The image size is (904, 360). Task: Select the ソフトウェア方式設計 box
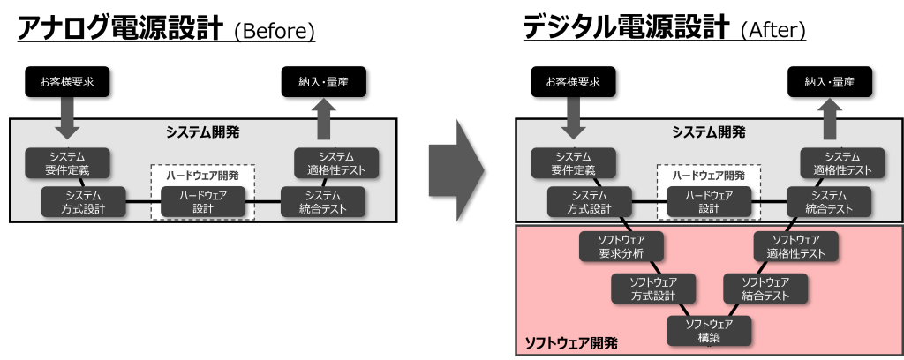click(x=654, y=289)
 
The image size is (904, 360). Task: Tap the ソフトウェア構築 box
click(x=709, y=330)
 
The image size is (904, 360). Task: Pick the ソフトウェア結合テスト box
click(x=765, y=289)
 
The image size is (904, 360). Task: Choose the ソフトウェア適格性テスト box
click(x=795, y=246)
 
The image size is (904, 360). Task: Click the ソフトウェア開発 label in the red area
click(x=571, y=342)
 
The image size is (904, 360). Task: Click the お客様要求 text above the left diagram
click(x=67, y=82)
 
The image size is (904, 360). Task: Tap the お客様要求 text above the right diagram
click(x=573, y=82)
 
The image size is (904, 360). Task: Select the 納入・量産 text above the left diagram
click(x=324, y=82)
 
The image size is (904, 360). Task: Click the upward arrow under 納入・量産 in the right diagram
click(x=830, y=117)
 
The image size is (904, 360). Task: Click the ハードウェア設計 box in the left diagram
click(x=203, y=202)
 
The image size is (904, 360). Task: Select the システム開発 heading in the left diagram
click(x=203, y=132)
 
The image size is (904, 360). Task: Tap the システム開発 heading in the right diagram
click(x=708, y=132)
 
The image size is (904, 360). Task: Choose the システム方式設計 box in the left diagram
click(x=83, y=202)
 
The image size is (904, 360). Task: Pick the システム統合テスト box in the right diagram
click(x=829, y=202)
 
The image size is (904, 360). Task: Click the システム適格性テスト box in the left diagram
click(x=330, y=163)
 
